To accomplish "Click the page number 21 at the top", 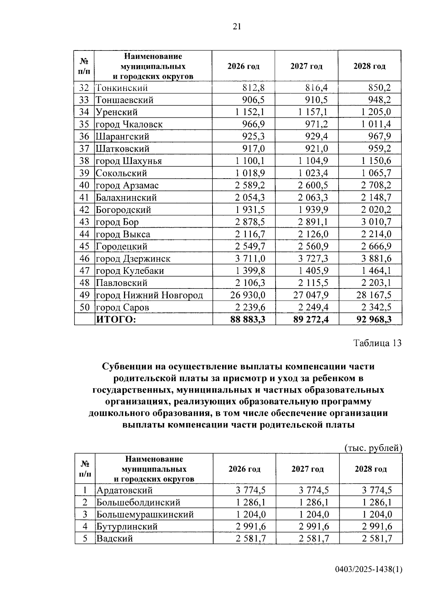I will [x=237, y=27].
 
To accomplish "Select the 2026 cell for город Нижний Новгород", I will [x=248, y=295].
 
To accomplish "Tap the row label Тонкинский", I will [x=121, y=88].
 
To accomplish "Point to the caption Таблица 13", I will [x=377, y=343].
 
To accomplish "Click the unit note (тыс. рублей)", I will [x=373, y=448].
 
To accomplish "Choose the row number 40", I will [x=84, y=185].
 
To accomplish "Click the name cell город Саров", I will [x=122, y=307].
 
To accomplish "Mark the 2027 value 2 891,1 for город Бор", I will [x=313, y=222].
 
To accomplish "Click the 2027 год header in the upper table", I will [x=306, y=66].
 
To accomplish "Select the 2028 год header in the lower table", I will [x=371, y=469].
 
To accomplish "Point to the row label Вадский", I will [x=114, y=538].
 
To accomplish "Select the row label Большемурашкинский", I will [x=145, y=514].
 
